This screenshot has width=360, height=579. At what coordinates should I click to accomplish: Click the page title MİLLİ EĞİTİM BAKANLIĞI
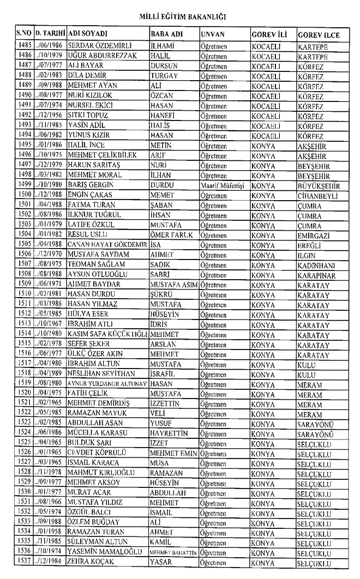[x=180, y=17]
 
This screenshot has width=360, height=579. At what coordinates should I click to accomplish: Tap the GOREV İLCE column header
[x=319, y=35]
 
